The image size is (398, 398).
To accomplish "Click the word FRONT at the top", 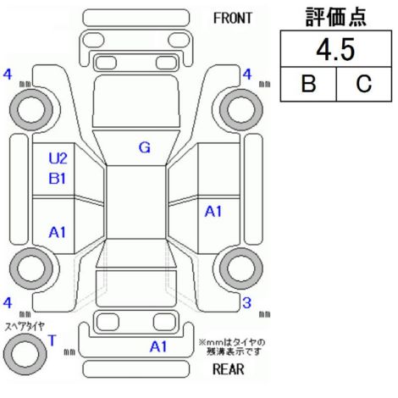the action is [232, 19].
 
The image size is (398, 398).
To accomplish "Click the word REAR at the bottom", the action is [229, 369].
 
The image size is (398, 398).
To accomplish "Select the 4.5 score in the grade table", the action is [335, 50].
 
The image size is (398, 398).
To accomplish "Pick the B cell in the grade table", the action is [308, 84].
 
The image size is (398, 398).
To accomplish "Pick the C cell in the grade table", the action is [364, 84].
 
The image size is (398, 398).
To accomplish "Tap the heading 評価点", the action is [336, 17].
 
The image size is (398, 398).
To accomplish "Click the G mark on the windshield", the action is [145, 147].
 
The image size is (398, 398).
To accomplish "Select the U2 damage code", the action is [58, 158].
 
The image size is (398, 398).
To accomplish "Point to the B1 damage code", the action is [58, 179].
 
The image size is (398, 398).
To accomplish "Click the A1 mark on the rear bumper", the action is [158, 346].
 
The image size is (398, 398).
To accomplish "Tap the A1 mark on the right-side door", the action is [213, 211].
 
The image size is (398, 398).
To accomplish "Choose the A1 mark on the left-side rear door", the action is [58, 232].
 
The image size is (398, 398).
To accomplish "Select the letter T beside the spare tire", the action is [53, 340].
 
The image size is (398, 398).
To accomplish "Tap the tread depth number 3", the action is [246, 303].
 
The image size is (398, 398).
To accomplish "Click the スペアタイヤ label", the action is [25, 326].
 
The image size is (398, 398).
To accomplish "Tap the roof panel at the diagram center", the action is [136, 202].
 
